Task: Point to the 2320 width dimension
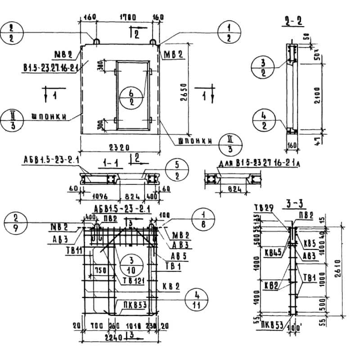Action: pos(120,147)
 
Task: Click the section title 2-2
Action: pos(293,21)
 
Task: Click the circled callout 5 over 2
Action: pos(177,171)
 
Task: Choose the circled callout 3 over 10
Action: pos(127,265)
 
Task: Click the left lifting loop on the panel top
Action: pos(96,41)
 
